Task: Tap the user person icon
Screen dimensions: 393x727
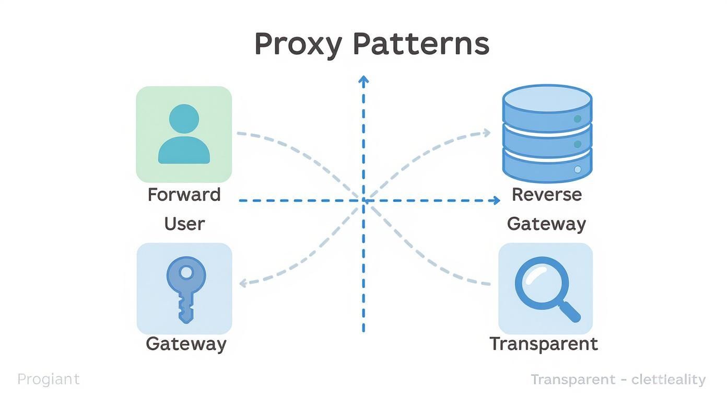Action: click(x=184, y=134)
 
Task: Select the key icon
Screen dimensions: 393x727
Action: click(x=185, y=288)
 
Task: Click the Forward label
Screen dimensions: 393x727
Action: click(x=184, y=195)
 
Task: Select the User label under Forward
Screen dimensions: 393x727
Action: click(x=184, y=224)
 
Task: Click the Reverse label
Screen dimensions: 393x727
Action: click(x=546, y=194)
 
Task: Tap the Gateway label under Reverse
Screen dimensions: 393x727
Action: click(x=546, y=224)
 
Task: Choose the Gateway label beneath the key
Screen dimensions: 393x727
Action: click(x=186, y=344)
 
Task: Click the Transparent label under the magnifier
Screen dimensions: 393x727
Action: click(x=543, y=344)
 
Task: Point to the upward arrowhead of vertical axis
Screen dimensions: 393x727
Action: click(x=363, y=79)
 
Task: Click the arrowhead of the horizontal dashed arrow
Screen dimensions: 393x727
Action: click(x=497, y=200)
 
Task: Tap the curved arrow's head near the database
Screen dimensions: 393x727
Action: click(x=487, y=133)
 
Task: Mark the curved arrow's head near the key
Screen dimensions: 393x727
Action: click(x=242, y=283)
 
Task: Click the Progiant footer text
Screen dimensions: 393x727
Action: click(x=48, y=379)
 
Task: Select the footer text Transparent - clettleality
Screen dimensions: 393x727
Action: click(x=618, y=379)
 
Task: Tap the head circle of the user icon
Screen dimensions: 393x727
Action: click(x=184, y=118)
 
